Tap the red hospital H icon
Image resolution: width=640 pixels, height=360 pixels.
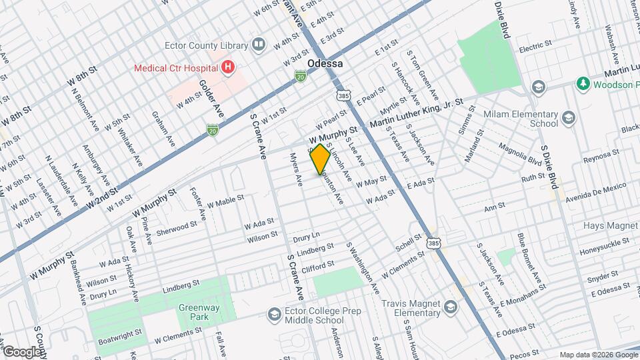(229, 67)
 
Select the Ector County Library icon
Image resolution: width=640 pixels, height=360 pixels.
(259, 45)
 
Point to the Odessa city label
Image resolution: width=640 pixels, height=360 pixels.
(325, 63)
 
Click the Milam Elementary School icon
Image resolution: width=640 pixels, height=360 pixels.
(568, 119)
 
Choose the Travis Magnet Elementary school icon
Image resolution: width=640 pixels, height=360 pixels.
(450, 307)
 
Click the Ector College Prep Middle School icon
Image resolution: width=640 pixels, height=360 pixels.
(274, 313)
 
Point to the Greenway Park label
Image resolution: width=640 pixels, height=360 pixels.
(194, 311)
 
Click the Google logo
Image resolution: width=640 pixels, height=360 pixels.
(22, 351)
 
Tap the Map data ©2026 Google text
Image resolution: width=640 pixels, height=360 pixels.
(597, 354)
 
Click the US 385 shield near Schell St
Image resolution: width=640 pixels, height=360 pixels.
(433, 245)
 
